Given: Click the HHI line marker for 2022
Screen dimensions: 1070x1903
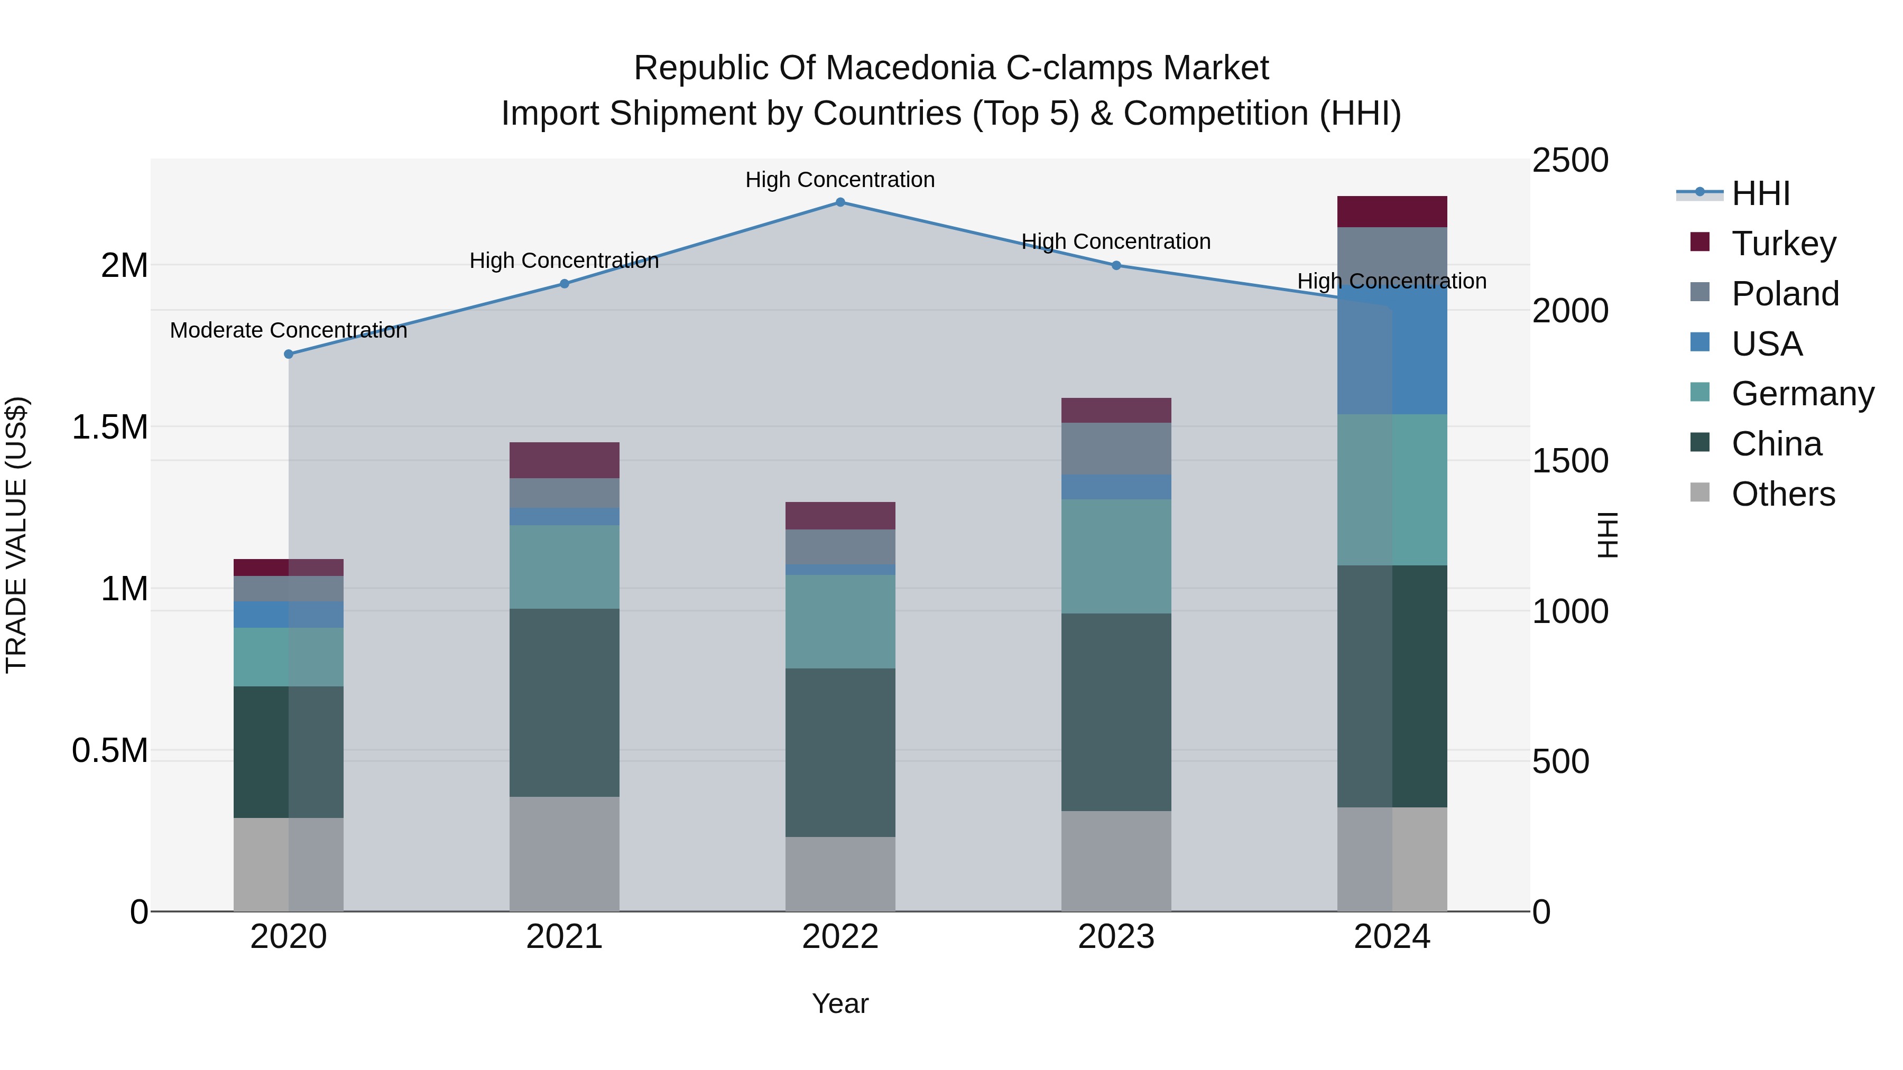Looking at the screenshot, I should click(x=840, y=202).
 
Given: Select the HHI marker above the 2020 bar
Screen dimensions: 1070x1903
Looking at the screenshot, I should click(x=289, y=355).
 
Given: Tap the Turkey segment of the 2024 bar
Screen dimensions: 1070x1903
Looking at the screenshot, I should click(x=1392, y=212).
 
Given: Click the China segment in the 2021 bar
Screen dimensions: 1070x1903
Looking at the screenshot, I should click(x=565, y=702).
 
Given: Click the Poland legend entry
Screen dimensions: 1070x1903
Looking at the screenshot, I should click(x=1784, y=294).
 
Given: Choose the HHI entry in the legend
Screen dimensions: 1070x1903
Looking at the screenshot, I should click(x=1760, y=193).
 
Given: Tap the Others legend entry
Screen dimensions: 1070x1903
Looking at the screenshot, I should click(x=1782, y=494).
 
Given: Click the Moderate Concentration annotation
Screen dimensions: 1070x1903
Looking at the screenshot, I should click(x=289, y=330).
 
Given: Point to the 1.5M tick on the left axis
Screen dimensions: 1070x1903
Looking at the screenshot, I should click(x=109, y=427).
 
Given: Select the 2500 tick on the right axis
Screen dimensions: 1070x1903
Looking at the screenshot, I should click(x=1570, y=161).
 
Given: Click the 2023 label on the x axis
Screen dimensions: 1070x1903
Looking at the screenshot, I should click(x=1116, y=937).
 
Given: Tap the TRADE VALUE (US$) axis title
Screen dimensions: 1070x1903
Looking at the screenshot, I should click(x=16, y=535).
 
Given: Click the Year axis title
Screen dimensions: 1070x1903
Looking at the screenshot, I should click(x=840, y=1003).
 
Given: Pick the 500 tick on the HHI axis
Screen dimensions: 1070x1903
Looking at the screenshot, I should click(x=1560, y=761).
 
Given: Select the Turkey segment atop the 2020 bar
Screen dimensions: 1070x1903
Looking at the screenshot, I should click(x=289, y=567).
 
